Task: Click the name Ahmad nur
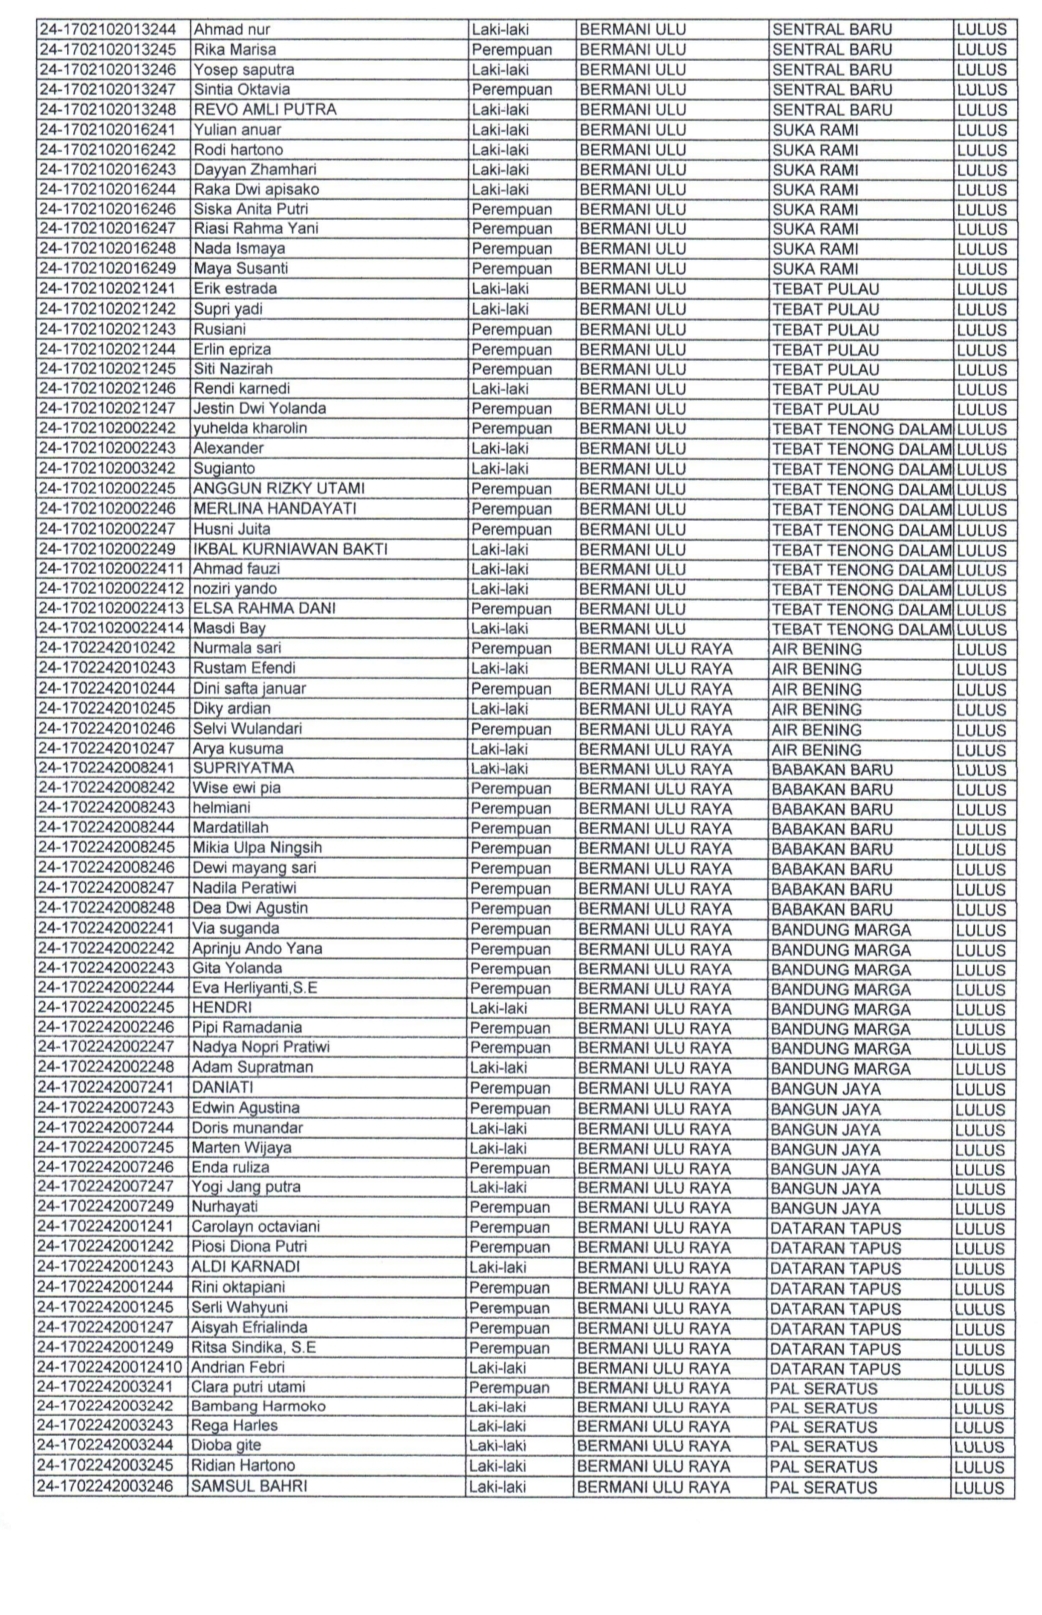pyautogui.click(x=232, y=30)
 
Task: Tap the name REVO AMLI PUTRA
pyautogui.click(x=265, y=109)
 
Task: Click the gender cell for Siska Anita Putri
pyautogui.click(x=511, y=209)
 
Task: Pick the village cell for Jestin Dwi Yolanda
pyautogui.click(x=826, y=408)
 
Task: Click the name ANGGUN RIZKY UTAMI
pyautogui.click(x=279, y=488)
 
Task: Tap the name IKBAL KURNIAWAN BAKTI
pyautogui.click(x=290, y=548)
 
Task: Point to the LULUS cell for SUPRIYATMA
pyautogui.click(x=981, y=769)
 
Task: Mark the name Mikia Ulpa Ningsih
pyautogui.click(x=257, y=848)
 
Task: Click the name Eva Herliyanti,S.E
pyautogui.click(x=254, y=988)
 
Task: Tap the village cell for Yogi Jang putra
pyautogui.click(x=825, y=1188)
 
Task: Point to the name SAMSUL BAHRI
pyautogui.click(x=249, y=1486)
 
